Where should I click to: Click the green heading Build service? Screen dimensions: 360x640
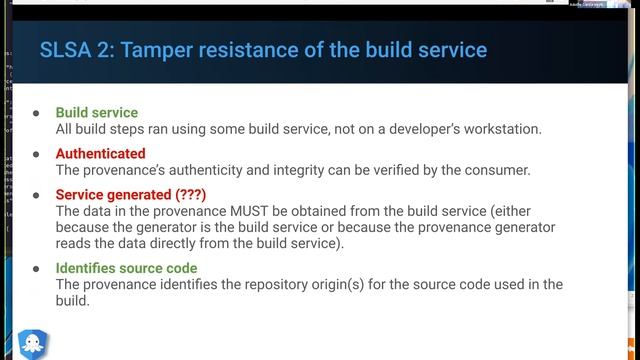tap(96, 113)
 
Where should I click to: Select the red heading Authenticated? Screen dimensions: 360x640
tap(100, 154)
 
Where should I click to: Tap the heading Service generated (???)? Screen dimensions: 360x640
tap(130, 195)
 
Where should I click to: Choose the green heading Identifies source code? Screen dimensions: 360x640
tap(126, 268)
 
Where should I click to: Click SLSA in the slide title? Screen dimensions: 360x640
tap(66, 49)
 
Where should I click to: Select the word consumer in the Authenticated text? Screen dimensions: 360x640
tap(497, 170)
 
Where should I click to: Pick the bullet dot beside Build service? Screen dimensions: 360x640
tap(36, 113)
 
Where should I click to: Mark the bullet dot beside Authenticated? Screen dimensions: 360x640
tap(36, 154)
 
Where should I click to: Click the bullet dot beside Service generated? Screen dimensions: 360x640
tap(36, 195)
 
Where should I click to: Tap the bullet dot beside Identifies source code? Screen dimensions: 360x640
tap(36, 268)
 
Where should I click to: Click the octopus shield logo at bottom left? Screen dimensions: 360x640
tap(34, 343)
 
